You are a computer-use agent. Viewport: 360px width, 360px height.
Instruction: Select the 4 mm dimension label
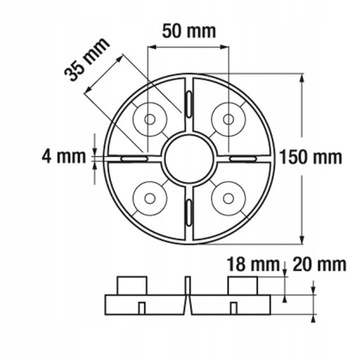pyautogui.click(x=55, y=157)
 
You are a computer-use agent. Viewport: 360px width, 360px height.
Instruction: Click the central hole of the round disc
pyautogui.click(x=185, y=158)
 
